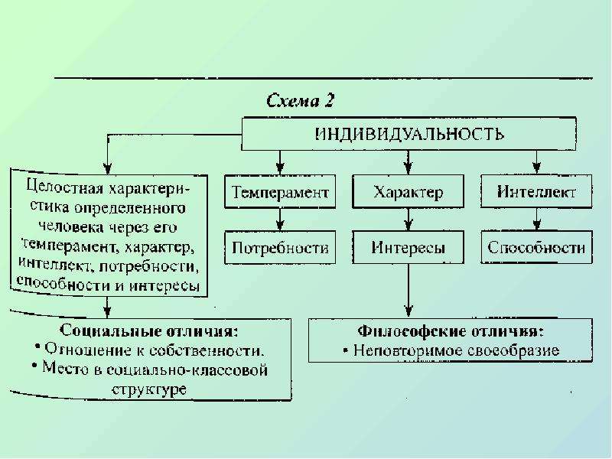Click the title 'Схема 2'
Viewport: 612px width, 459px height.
tap(301, 101)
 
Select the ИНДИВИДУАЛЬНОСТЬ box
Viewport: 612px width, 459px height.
tap(409, 134)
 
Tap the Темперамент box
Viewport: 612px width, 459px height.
tap(280, 192)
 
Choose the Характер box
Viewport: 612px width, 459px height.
tap(409, 192)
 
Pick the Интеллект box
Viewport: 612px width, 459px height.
tap(536, 192)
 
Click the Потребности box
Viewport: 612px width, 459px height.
tap(280, 247)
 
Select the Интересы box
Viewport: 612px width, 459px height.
tap(409, 247)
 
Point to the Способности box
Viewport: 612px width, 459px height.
tap(536, 247)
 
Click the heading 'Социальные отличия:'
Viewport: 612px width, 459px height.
tap(148, 330)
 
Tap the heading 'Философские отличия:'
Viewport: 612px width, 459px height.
tap(451, 331)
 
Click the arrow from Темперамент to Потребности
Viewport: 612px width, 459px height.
tap(280, 220)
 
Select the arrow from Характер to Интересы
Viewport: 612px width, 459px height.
tap(409, 220)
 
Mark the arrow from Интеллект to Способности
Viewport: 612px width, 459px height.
tap(537, 220)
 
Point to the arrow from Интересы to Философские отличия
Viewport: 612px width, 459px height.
tap(409, 291)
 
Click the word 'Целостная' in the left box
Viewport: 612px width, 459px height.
tap(65, 187)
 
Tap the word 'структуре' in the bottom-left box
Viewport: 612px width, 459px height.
tap(149, 389)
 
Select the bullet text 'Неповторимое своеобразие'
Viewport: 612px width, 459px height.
tap(456, 350)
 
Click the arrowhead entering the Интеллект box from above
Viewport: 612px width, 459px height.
tap(537, 168)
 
